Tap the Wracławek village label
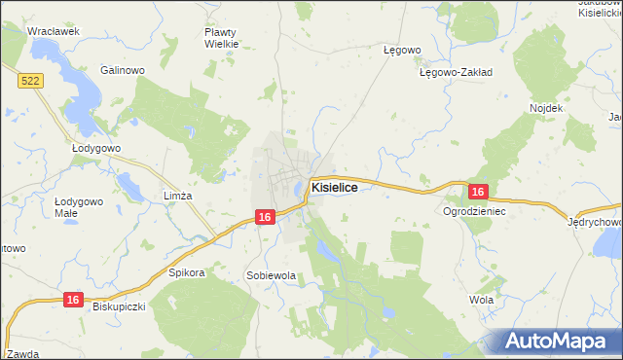pyautogui.click(x=53, y=31)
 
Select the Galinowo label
pyautogui.click(x=123, y=70)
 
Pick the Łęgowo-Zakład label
pyautogui.click(x=456, y=72)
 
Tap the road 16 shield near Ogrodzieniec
pyautogui.click(x=476, y=193)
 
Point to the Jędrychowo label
pyautogui.click(x=595, y=222)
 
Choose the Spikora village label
pyautogui.click(x=187, y=272)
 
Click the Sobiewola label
pyautogui.click(x=271, y=275)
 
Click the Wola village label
pyautogui.click(x=481, y=300)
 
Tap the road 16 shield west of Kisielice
pyautogui.click(x=264, y=218)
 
